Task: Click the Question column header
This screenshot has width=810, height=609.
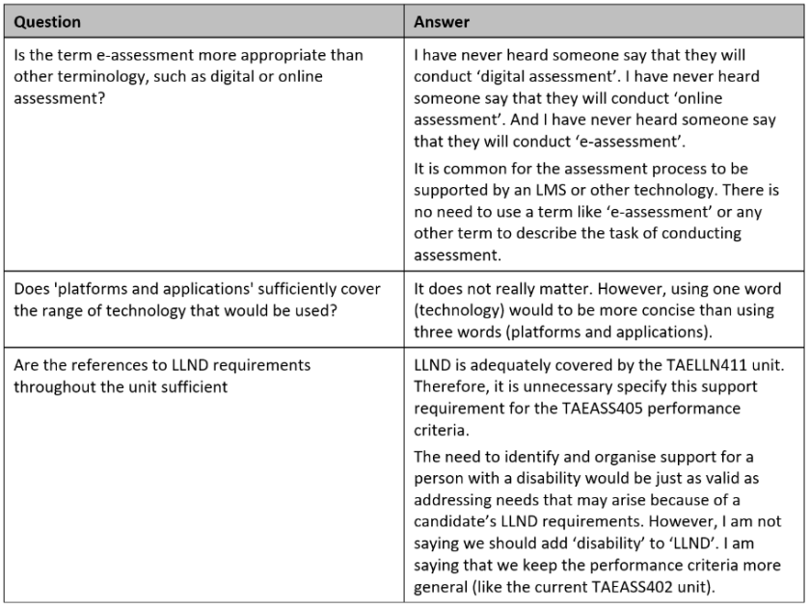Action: (47, 21)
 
